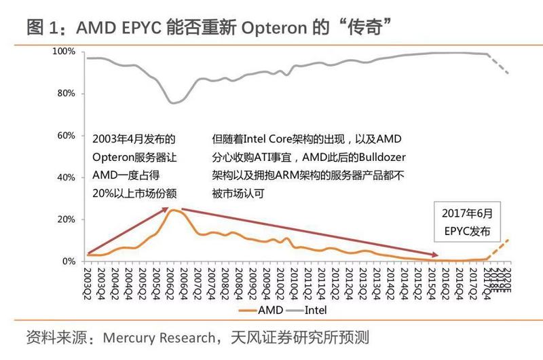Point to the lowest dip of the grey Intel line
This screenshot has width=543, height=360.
tap(173, 103)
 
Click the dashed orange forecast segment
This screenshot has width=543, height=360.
tap(498, 249)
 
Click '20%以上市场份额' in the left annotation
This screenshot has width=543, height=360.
tap(134, 193)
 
